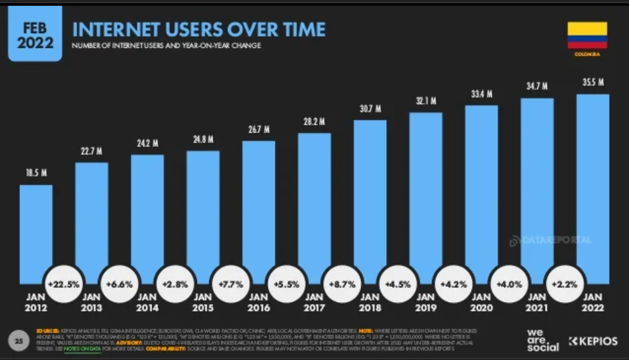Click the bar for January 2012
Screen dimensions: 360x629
click(36, 232)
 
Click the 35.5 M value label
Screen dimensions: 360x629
click(593, 82)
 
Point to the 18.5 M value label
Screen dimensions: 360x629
click(36, 173)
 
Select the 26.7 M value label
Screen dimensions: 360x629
click(258, 129)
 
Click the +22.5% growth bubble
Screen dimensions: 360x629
click(63, 284)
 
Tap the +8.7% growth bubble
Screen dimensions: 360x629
click(342, 284)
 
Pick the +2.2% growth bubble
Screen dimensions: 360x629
click(565, 284)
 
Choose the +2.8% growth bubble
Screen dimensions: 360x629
click(175, 284)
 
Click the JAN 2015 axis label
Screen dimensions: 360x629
click(203, 303)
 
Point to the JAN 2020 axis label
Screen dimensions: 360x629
click(481, 303)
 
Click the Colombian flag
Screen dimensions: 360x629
click(587, 35)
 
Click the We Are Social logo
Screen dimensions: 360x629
click(543, 341)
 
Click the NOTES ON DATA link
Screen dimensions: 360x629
click(83, 348)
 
